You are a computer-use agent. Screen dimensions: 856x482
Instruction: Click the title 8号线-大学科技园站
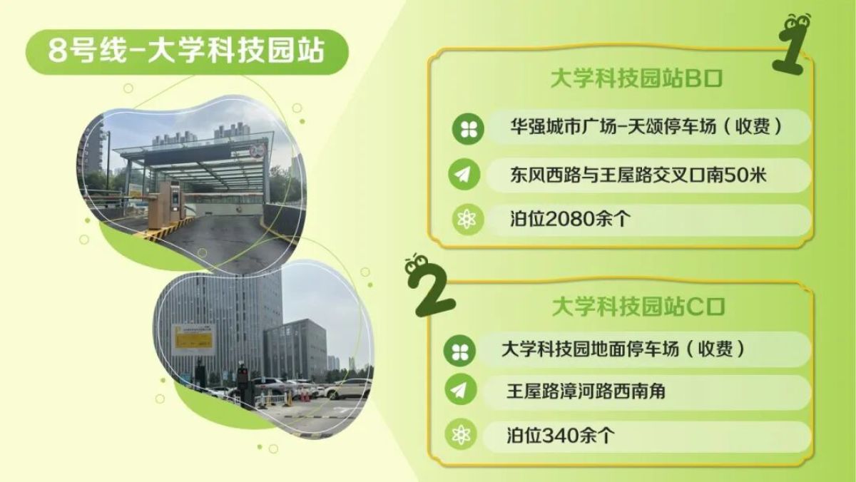(187, 51)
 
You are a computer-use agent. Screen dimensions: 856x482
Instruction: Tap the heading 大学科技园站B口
(636, 79)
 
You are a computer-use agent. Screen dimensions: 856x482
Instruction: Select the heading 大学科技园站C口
(638, 307)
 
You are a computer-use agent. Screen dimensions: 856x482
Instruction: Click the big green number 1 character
(791, 44)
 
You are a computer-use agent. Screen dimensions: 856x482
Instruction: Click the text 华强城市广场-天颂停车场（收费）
(646, 127)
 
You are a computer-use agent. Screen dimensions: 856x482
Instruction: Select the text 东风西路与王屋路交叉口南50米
(638, 175)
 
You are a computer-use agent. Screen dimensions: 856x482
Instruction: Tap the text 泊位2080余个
(570, 219)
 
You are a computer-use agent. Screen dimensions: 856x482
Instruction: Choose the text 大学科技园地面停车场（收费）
(623, 349)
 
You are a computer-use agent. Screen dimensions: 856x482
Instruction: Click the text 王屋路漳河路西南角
(586, 392)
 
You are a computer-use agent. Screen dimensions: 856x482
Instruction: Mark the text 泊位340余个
(561, 436)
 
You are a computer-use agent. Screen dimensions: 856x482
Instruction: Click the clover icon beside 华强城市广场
(468, 129)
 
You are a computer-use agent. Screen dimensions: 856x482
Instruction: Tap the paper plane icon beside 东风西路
(464, 175)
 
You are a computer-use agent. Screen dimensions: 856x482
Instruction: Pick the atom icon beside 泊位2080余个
(468, 219)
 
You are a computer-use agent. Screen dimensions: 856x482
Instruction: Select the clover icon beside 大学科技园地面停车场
(459, 351)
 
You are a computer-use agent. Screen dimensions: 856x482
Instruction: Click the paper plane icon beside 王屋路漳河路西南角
(461, 389)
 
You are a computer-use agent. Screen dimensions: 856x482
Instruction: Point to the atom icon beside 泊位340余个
(461, 434)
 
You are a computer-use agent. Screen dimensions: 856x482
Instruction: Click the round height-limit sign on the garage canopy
(257, 151)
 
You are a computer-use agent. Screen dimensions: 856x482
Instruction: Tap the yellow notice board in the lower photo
(193, 340)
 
